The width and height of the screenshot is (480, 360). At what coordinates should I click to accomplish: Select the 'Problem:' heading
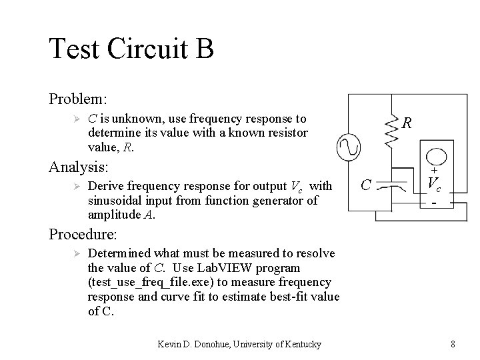coord(77,99)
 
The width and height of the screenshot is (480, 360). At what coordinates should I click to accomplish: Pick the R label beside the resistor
coord(407,123)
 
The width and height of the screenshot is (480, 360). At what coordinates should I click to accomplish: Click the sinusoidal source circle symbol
coord(349,147)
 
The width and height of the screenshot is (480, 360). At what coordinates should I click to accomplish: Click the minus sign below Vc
coord(434,201)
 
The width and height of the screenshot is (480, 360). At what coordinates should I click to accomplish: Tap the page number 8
coord(453,344)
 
